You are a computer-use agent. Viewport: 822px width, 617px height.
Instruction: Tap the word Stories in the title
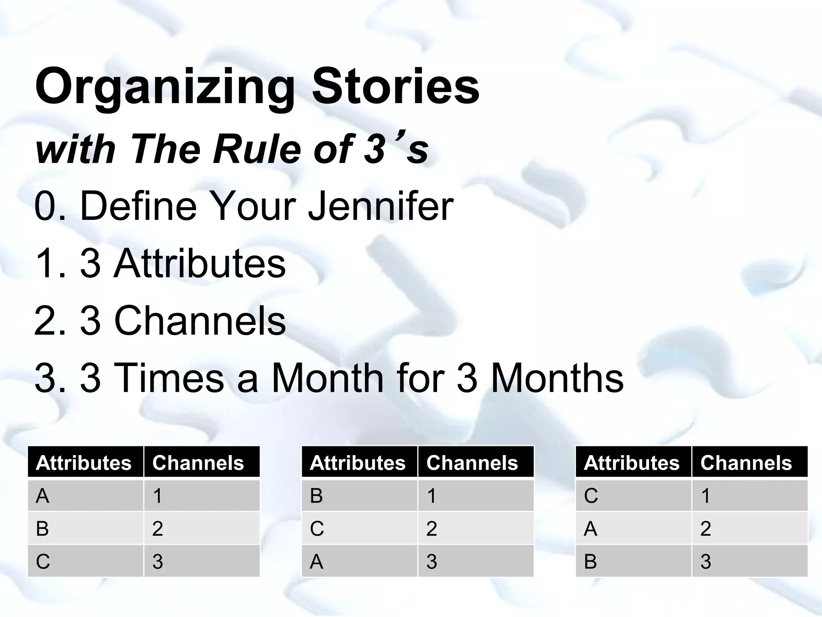(395, 86)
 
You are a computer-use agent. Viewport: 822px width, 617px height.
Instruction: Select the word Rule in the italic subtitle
(256, 149)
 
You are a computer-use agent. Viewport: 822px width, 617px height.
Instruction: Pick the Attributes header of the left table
(83, 462)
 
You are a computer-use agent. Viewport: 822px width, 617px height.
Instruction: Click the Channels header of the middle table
(472, 462)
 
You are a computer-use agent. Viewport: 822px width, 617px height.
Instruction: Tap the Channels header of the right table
(746, 462)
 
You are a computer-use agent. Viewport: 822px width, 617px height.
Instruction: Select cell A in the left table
(43, 496)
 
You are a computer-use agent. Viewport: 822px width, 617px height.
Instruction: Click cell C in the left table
(43, 561)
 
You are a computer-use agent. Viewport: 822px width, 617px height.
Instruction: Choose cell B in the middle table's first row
(317, 496)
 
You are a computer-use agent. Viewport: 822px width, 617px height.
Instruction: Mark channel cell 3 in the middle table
(432, 561)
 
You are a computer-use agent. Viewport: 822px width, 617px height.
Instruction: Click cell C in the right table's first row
(591, 496)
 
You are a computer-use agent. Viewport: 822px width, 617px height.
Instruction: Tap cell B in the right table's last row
(590, 561)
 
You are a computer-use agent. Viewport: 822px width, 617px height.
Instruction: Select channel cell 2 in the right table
(706, 528)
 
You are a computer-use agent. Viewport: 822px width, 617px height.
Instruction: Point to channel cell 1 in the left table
(157, 496)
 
